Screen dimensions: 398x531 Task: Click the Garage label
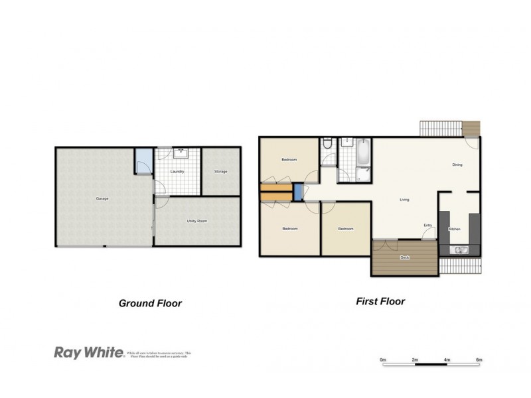pyautogui.click(x=102, y=198)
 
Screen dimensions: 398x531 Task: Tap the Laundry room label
pyautogui.click(x=177, y=172)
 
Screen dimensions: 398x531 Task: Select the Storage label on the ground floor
pyautogui.click(x=220, y=172)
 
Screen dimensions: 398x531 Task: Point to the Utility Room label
pyautogui.click(x=196, y=220)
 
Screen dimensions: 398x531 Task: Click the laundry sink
pyautogui.click(x=180, y=153)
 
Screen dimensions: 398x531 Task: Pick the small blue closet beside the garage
pyautogui.click(x=143, y=160)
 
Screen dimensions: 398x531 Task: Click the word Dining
pyautogui.click(x=457, y=165)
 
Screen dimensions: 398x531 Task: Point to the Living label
pyautogui.click(x=404, y=199)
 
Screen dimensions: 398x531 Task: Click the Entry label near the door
pyautogui.click(x=427, y=226)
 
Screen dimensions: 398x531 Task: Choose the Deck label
pyautogui.click(x=404, y=257)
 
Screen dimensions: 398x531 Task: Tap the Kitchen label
pyautogui.click(x=455, y=229)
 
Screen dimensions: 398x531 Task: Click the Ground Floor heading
pyautogui.click(x=150, y=303)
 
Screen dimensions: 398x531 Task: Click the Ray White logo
pyautogui.click(x=88, y=353)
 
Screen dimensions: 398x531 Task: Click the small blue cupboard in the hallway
pyautogui.click(x=298, y=192)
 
